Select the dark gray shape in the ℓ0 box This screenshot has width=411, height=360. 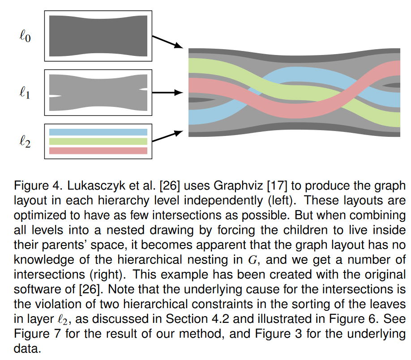[98, 36]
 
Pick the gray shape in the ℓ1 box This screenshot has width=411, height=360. [98, 93]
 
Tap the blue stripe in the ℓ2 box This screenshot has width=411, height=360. [98, 132]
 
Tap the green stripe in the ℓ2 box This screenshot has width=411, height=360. [98, 141]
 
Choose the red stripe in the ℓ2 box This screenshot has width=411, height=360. [98, 151]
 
